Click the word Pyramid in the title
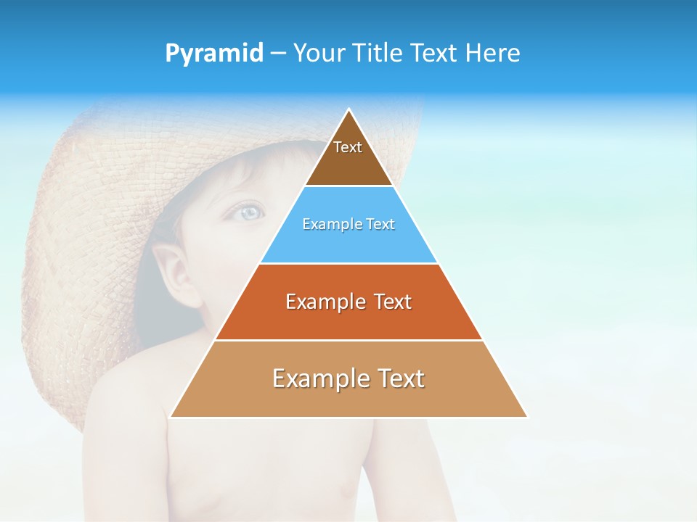(x=214, y=54)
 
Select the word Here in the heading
(x=493, y=54)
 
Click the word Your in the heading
(x=319, y=54)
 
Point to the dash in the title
(x=278, y=54)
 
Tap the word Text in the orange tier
(x=391, y=302)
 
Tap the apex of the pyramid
(x=348, y=110)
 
